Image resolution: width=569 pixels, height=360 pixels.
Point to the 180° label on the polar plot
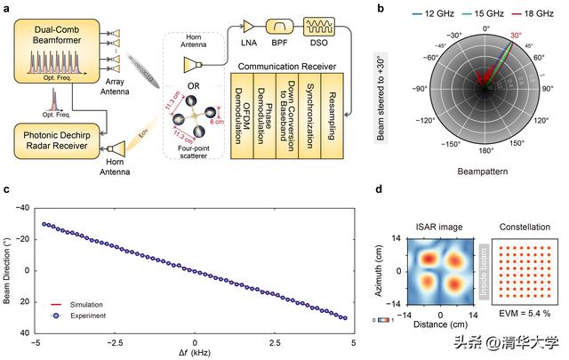pos(485,164)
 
